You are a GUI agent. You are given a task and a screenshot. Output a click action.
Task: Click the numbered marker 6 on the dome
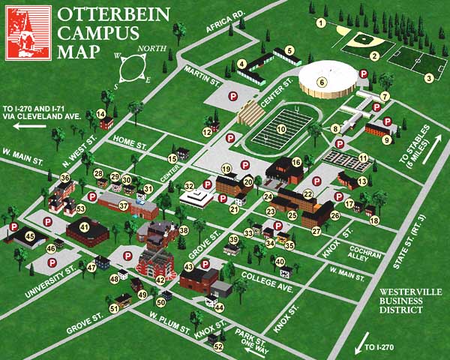[x=322, y=82]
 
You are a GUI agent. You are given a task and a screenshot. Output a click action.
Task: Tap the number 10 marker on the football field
[x=281, y=129]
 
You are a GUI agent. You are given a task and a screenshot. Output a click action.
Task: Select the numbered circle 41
[x=84, y=226]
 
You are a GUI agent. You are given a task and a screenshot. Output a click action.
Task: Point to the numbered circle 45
[x=31, y=235]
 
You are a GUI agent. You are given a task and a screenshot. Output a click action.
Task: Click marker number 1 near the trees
[x=321, y=23]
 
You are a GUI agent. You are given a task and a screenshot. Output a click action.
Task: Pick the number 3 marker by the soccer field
[x=429, y=77]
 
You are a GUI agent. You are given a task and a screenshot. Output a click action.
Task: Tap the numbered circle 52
[x=219, y=346]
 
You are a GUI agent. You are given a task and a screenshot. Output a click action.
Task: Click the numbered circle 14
[x=100, y=113]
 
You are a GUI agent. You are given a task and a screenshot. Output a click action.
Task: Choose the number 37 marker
[x=124, y=205]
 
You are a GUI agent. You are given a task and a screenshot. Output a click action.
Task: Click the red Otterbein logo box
[x=28, y=32]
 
